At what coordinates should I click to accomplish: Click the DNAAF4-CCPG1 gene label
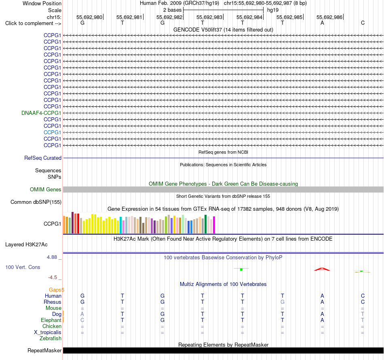tap(41, 113)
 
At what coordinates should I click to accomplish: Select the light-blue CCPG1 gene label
tap(52, 132)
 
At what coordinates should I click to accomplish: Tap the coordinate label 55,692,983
tap(209, 17)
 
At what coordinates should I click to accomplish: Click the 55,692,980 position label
tap(89, 17)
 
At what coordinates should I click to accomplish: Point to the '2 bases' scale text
tap(173, 10)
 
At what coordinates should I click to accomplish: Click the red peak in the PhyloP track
tap(322, 269)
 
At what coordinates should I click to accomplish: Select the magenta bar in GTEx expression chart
tap(214, 225)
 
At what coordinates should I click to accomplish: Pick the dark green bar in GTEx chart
tap(206, 224)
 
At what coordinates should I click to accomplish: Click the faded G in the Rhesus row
tap(283, 302)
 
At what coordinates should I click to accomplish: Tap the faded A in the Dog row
tap(82, 314)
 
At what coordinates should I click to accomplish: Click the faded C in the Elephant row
tap(82, 320)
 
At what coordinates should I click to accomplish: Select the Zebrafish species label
tap(51, 338)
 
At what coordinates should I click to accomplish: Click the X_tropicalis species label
tap(48, 332)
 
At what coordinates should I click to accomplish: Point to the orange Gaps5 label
tap(56, 290)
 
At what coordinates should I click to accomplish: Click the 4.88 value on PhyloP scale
tap(52, 257)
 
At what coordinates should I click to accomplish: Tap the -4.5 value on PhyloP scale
tap(53, 277)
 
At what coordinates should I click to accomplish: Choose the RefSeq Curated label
tap(43, 158)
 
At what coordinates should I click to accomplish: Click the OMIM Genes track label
tap(46, 189)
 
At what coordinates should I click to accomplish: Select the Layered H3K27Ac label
tap(26, 245)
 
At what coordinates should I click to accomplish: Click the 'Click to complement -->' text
tap(33, 23)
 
